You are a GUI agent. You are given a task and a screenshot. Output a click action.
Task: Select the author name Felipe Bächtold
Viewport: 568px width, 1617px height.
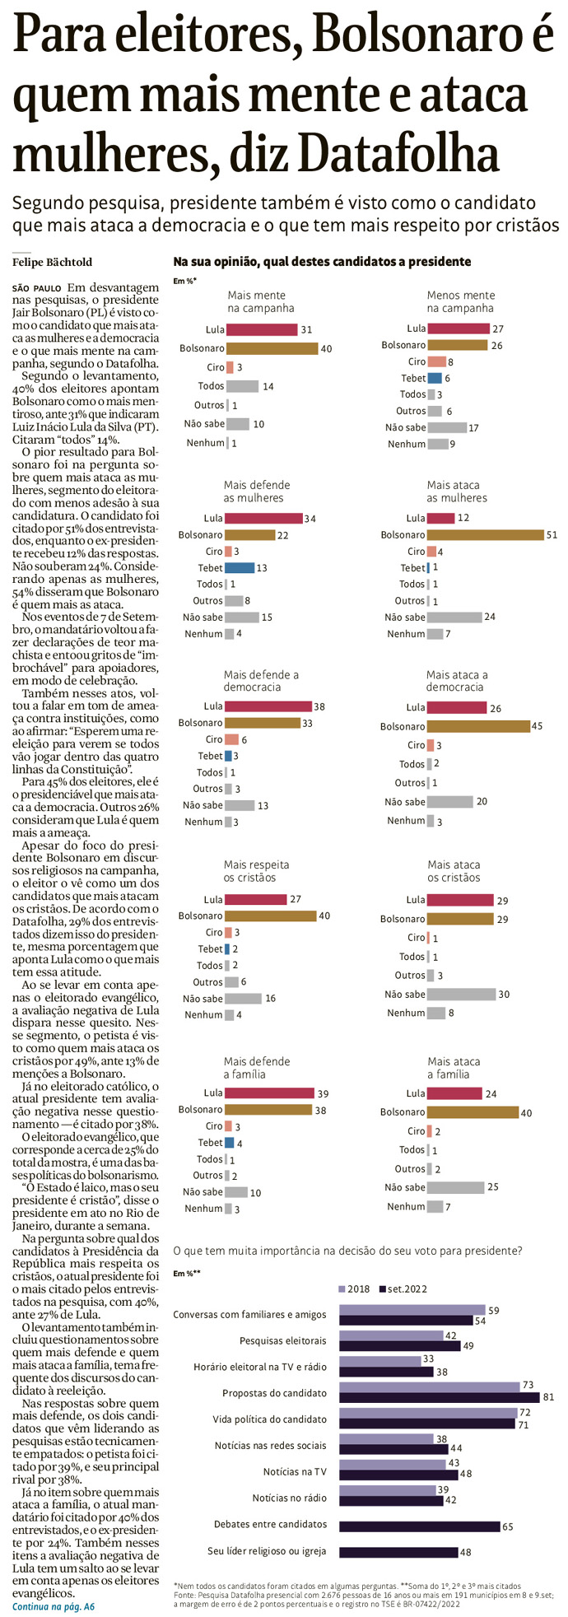[x=52, y=262]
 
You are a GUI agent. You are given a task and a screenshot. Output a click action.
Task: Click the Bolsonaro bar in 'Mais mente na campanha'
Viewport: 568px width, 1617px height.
[x=272, y=348]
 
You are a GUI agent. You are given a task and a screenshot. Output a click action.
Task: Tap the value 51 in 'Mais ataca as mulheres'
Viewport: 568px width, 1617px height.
[x=552, y=534]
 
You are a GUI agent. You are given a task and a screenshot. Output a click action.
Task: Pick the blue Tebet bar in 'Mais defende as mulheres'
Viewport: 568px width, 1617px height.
[x=240, y=567]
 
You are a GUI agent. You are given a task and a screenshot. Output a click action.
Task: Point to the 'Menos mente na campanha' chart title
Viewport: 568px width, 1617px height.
[x=460, y=301]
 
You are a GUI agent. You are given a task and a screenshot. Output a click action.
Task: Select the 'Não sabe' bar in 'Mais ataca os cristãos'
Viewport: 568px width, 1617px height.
[x=461, y=994]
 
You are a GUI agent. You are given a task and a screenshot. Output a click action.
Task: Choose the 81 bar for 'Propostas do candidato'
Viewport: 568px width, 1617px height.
[x=440, y=1396]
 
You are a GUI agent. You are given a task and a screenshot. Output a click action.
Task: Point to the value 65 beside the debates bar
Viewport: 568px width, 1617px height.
[x=508, y=1526]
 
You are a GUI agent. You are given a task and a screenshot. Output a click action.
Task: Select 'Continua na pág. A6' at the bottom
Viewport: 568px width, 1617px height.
[x=54, y=1606]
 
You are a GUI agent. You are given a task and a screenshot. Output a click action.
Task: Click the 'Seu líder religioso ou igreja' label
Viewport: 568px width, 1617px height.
[x=267, y=1551]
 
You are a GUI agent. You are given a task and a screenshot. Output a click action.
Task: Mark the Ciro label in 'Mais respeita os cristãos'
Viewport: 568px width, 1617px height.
[x=214, y=932]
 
